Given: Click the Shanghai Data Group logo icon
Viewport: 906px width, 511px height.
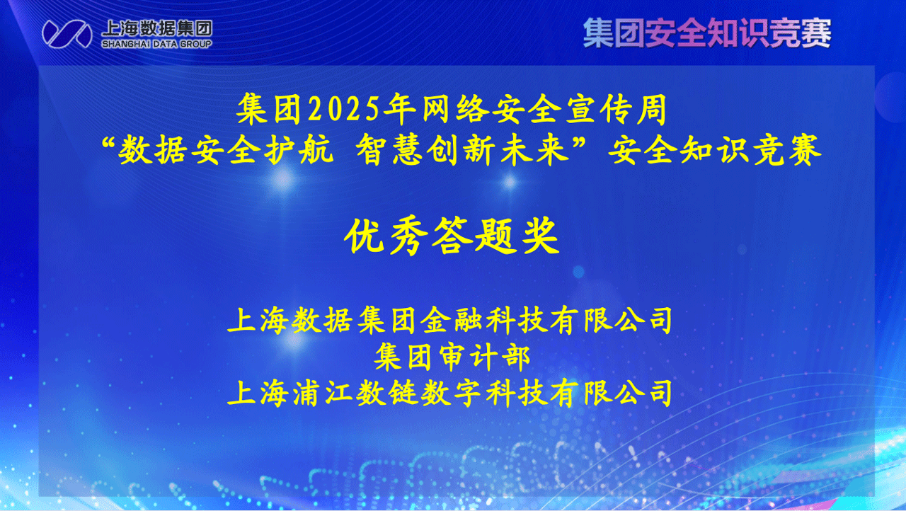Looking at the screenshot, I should (x=67, y=33).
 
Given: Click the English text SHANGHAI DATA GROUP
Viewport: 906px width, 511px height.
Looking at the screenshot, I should (x=157, y=44).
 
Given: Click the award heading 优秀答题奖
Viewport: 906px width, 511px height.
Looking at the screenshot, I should (x=452, y=237).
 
